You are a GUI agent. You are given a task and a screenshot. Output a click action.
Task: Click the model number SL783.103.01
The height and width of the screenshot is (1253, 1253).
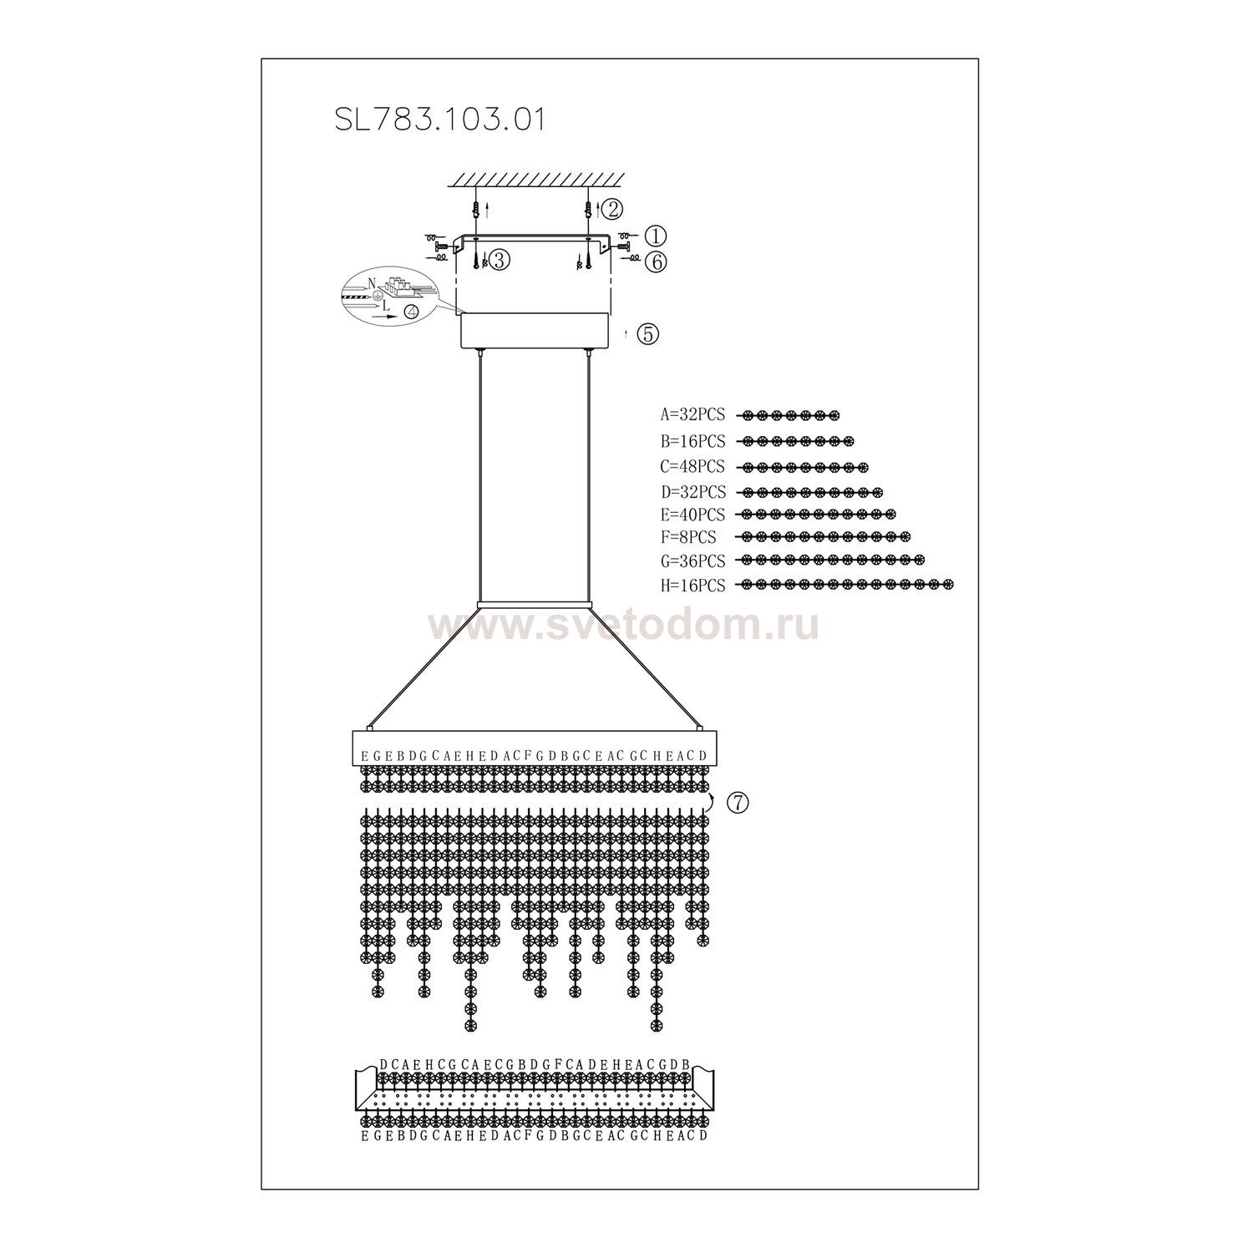pyautogui.click(x=440, y=119)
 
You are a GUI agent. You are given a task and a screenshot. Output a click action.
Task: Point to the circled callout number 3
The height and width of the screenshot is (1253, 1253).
pyautogui.click(x=500, y=260)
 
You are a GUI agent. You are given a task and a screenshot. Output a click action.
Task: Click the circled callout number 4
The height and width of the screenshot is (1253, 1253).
pyautogui.click(x=412, y=312)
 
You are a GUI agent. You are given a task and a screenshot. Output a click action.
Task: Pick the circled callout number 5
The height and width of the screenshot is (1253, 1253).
pyautogui.click(x=647, y=333)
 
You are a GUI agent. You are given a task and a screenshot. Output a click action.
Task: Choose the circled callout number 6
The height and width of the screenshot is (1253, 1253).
pyautogui.click(x=657, y=261)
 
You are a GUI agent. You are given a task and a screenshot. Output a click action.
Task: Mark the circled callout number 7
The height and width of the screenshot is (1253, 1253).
pyautogui.click(x=738, y=803)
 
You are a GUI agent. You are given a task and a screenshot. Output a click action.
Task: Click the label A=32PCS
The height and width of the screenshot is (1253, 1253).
pyautogui.click(x=692, y=415)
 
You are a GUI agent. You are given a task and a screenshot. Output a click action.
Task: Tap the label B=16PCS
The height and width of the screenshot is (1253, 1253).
pyautogui.click(x=692, y=441)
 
